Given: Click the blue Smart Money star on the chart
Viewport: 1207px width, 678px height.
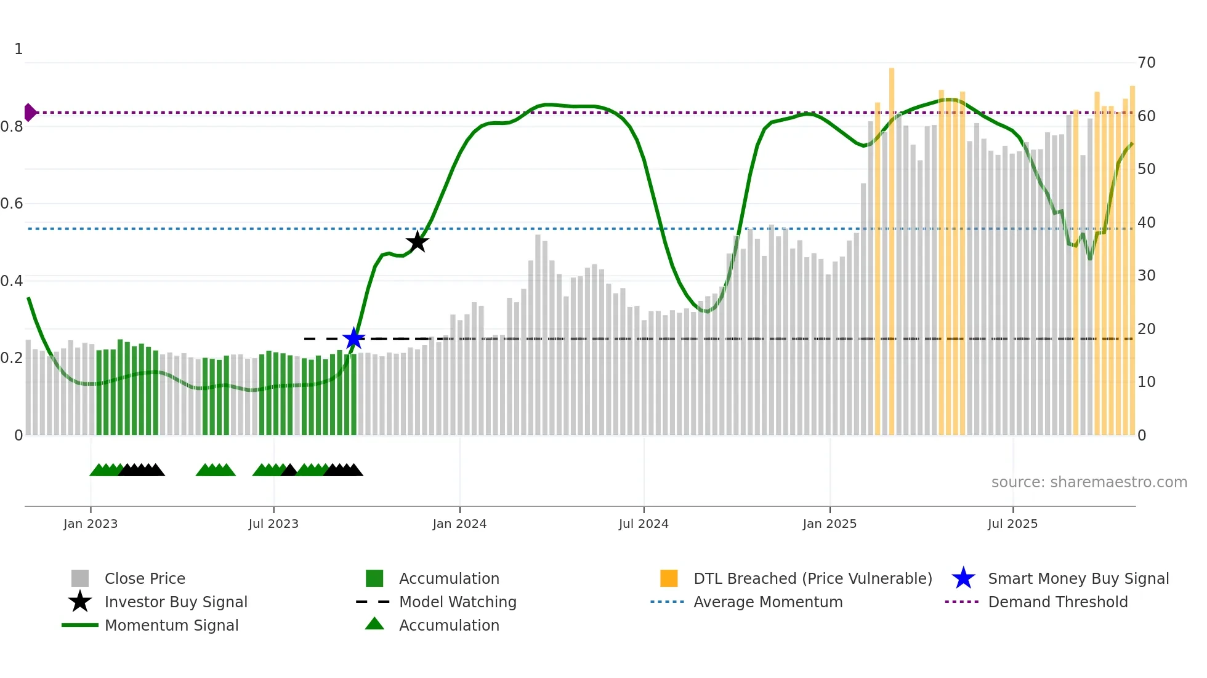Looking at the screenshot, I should [x=353, y=338].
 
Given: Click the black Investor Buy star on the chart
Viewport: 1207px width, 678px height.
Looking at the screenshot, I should [x=417, y=242].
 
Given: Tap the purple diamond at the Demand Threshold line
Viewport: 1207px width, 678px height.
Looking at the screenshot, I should [x=30, y=113].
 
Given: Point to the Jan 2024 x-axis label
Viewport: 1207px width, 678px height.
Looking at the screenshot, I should [x=459, y=524].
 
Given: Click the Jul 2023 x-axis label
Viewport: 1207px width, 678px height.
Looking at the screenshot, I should [x=273, y=524].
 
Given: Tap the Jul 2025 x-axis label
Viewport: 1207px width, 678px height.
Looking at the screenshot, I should [x=1012, y=524].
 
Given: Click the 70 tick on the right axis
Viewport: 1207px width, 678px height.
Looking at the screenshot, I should [x=1146, y=62].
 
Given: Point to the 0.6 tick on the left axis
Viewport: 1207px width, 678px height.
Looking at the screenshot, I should [x=12, y=204].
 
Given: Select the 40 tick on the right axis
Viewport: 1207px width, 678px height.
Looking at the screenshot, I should [x=1146, y=222].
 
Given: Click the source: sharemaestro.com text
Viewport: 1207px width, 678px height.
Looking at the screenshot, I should [x=1089, y=482].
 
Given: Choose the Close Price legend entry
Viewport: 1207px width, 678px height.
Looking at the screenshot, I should [x=145, y=578].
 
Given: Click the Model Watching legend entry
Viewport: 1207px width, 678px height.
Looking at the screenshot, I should [x=458, y=602].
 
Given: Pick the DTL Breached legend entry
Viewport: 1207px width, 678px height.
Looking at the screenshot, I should [x=812, y=578].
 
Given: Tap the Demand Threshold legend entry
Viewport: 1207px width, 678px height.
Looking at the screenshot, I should [x=1057, y=602].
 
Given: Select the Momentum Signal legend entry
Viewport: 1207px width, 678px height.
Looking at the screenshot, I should [x=171, y=625].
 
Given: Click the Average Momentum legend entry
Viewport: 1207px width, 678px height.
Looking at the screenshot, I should [x=767, y=602].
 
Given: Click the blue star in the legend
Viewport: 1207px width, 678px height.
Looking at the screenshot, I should [x=963, y=578].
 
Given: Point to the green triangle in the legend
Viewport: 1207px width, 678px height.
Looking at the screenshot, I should [x=374, y=624].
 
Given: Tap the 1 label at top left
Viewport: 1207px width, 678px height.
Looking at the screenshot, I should [x=18, y=49].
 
